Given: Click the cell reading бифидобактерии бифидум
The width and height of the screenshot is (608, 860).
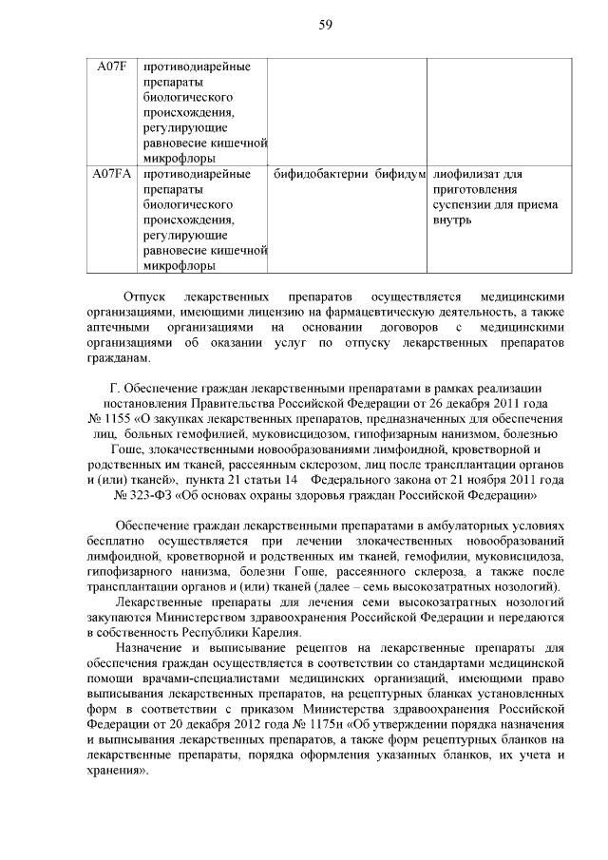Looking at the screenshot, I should (348, 174).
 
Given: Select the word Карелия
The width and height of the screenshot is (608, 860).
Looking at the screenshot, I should (300, 632).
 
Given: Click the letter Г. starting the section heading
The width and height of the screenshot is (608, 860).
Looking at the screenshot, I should (115, 388).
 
